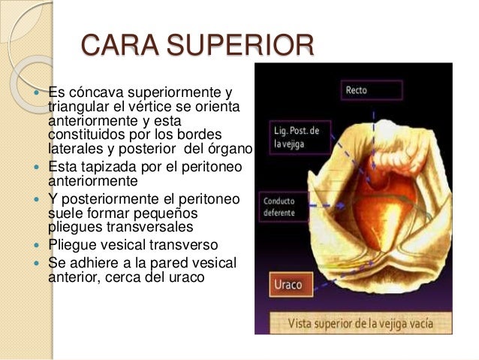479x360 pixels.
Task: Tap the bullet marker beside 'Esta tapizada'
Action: click(38, 168)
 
